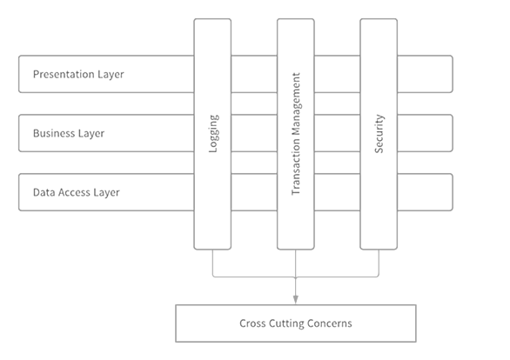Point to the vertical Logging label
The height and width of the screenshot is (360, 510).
pos(213,134)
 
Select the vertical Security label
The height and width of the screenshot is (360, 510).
pos(379,134)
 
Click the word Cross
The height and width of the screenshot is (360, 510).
pos(252,323)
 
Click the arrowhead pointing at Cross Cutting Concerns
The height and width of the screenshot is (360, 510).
pos(295,300)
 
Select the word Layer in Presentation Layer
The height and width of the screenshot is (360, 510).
pos(111,75)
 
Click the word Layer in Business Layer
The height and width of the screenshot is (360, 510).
pos(91,134)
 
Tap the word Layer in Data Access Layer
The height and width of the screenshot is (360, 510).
pos(107,193)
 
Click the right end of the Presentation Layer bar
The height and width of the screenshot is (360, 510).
pos(453,74)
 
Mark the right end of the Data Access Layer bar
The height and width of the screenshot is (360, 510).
pos(453,192)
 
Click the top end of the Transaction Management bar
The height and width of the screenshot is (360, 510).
pos(296,19)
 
